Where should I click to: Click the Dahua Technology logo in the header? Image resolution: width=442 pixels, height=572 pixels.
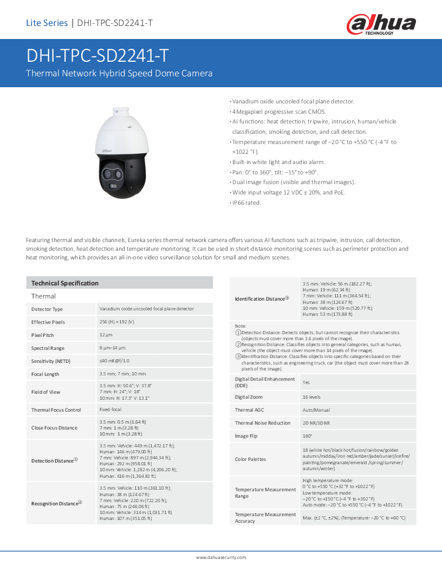point(381,24)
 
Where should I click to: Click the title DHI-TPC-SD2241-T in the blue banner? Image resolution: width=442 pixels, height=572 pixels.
point(97,56)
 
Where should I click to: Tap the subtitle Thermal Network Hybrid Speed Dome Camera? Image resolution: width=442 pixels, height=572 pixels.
point(119,73)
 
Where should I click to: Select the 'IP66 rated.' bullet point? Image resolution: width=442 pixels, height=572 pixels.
point(246,203)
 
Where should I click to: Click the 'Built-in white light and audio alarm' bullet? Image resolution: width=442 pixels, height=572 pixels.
point(278,162)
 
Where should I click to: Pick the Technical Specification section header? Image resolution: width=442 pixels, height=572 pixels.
point(65,283)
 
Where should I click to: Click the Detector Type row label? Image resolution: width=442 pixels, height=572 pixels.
point(47,309)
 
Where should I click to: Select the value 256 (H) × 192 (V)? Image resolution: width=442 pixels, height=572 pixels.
point(117,322)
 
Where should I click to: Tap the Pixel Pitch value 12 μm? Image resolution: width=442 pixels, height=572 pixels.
point(106,335)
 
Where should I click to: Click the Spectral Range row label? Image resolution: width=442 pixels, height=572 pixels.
point(48,348)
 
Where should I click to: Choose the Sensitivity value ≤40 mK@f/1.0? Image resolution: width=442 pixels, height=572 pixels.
point(114,361)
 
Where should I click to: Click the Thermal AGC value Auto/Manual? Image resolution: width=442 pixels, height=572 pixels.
point(316,410)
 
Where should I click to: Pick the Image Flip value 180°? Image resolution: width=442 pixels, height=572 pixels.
point(308,436)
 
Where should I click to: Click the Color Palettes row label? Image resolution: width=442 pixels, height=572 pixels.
point(250,459)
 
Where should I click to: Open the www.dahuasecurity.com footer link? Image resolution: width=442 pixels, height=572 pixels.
point(221,557)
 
